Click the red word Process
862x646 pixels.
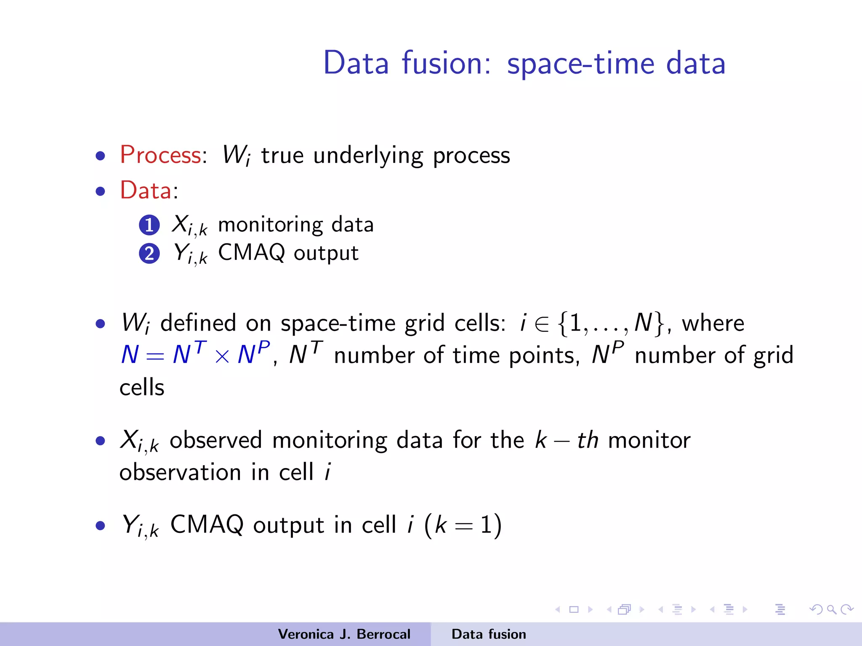(160, 155)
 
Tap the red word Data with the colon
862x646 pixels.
(149, 190)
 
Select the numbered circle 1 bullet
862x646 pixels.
(149, 225)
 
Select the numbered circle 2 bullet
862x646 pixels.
(149, 254)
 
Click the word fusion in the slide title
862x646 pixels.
(446, 63)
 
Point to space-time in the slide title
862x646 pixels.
(580, 63)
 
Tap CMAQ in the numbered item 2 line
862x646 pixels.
(252, 252)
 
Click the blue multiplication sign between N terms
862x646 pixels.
(222, 356)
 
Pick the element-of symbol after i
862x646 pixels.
(542, 324)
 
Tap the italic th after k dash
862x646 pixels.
(588, 440)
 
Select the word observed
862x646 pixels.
(216, 440)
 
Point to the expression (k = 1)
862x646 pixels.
(463, 525)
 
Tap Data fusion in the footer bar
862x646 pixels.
(489, 634)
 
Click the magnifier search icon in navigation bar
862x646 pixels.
(831, 609)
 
